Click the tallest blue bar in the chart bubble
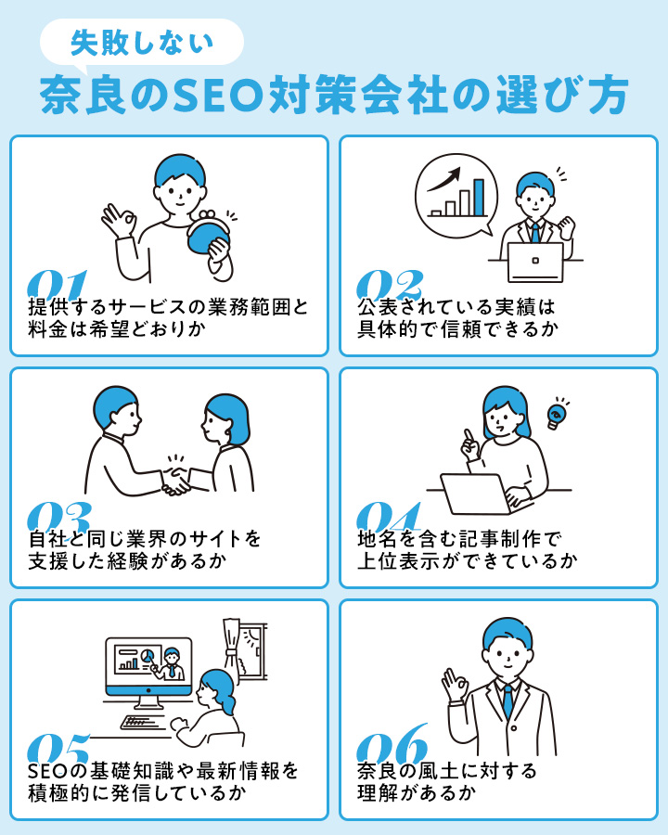(479, 197)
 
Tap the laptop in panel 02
(535, 263)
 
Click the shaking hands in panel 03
(175, 481)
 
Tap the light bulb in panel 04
(558, 415)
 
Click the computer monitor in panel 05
(148, 666)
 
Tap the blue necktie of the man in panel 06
(507, 700)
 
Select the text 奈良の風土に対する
(447, 771)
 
